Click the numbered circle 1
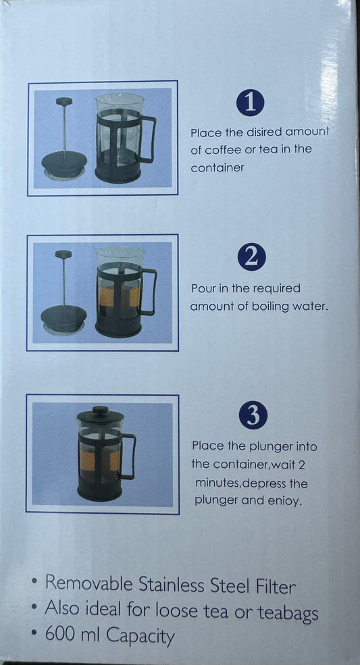251,103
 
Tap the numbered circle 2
252,257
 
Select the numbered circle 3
253,415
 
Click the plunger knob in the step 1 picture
64,101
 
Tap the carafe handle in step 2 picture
149,292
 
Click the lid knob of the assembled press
101,410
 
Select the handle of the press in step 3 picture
128,456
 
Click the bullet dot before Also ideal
34,607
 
